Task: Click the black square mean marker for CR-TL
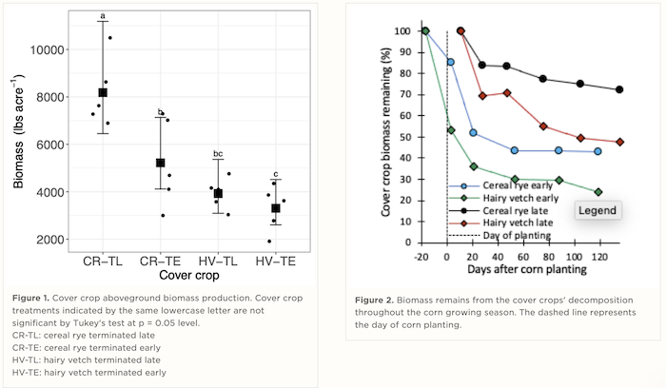[103, 92]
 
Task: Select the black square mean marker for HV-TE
[276, 208]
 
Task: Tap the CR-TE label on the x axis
[160, 261]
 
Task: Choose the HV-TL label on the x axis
[218, 261]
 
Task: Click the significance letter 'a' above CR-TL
[103, 16]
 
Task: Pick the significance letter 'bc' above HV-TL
[218, 154]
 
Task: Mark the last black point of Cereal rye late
[619, 89]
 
